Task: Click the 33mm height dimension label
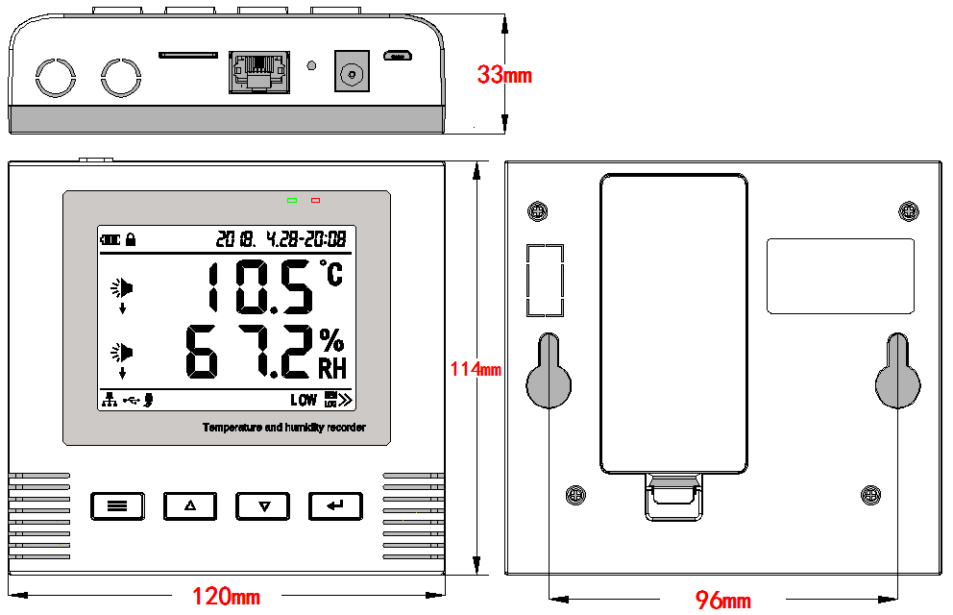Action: click(x=504, y=75)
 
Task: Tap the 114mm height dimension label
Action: click(x=476, y=368)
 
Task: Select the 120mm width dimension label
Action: click(x=226, y=597)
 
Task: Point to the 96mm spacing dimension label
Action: click(x=723, y=601)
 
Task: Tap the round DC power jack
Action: click(x=352, y=72)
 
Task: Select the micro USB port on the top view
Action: click(x=398, y=56)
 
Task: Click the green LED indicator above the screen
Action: click(x=292, y=201)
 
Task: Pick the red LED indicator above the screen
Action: click(x=315, y=201)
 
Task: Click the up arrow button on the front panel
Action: click(x=189, y=505)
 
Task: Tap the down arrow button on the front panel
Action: click(x=262, y=505)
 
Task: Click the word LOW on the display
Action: click(x=304, y=400)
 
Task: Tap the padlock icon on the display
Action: click(x=131, y=238)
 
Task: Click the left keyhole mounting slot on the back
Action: click(x=549, y=371)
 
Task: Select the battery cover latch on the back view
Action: click(x=673, y=495)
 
